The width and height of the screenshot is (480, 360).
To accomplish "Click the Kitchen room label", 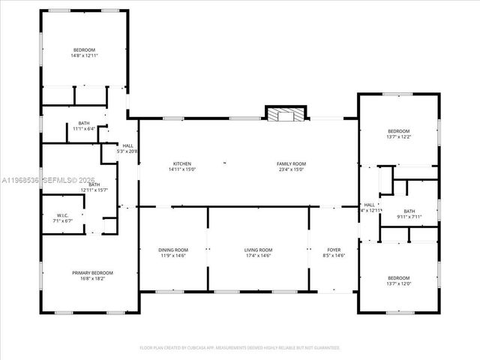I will pyautogui.click(x=182, y=163).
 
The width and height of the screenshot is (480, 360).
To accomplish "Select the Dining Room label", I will pyautogui.click(x=173, y=250).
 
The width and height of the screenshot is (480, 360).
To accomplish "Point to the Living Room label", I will pyautogui.click(x=258, y=250).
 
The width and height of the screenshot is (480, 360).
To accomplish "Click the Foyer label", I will pyautogui.click(x=334, y=250).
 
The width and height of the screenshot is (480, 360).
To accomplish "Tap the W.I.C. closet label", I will pyautogui.click(x=63, y=215).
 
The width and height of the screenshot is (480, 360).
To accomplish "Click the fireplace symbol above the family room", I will pyautogui.click(x=286, y=115).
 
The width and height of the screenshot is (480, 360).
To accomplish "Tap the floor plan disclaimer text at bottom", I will pyautogui.click(x=240, y=348).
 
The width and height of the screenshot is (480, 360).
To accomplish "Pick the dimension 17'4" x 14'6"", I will pyautogui.click(x=258, y=255).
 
